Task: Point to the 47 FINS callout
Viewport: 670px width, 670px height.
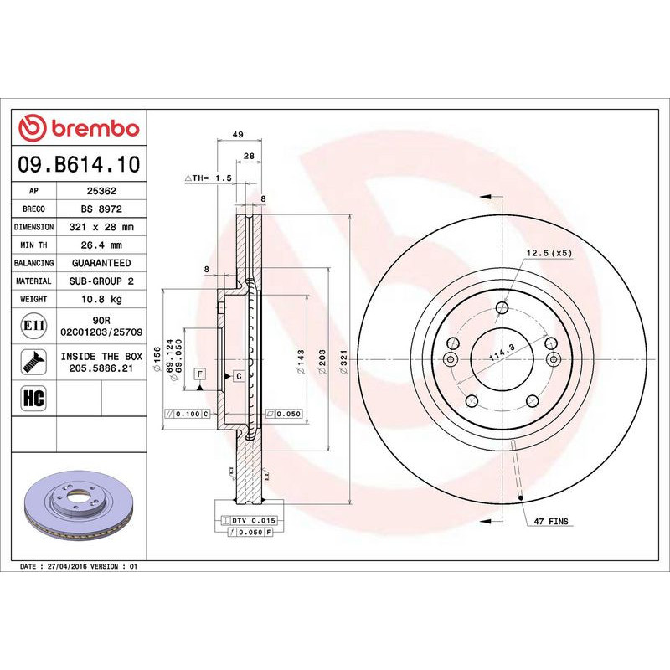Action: (x=551, y=522)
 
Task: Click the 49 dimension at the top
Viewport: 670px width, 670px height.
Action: (x=238, y=135)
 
